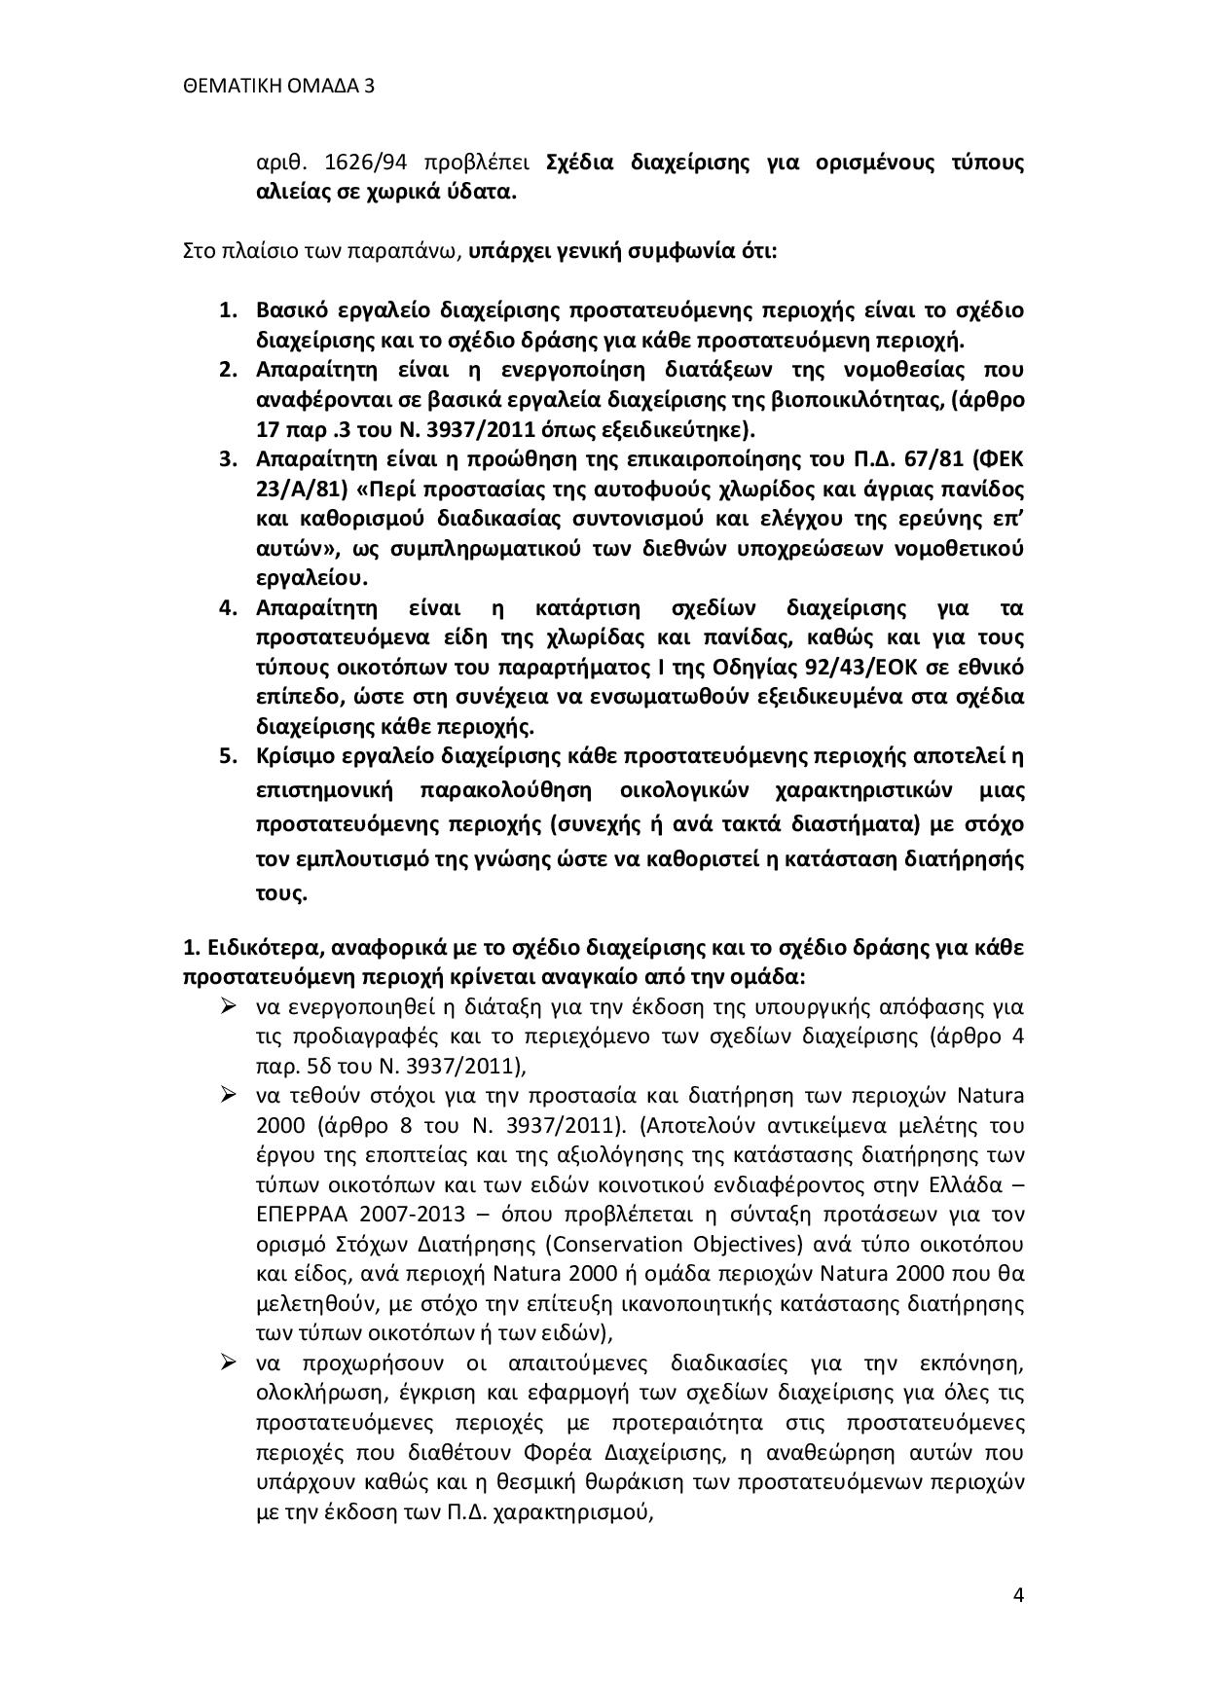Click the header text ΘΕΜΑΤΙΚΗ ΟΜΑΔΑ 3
278,87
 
